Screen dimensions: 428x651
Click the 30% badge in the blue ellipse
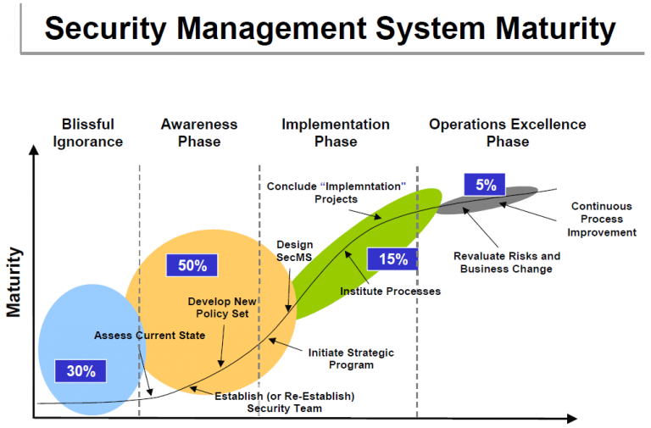tap(81, 370)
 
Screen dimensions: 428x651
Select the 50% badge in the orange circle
tap(192, 265)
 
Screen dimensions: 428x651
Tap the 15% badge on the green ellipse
tap(392, 259)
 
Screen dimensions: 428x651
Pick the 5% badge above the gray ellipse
tap(485, 185)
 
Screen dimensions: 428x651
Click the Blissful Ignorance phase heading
tap(88, 132)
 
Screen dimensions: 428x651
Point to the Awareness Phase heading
tap(199, 132)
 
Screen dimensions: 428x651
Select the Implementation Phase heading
tap(336, 132)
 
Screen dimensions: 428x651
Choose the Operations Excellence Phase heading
tap(507, 132)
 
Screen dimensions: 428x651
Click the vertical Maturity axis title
tap(14, 282)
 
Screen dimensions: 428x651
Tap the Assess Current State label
tap(149, 336)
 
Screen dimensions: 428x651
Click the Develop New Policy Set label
tap(222, 308)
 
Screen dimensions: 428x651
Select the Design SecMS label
tap(295, 251)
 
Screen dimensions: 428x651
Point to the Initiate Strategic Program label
tap(351, 359)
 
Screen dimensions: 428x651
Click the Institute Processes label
tap(391, 292)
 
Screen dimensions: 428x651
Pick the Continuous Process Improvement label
tap(601, 219)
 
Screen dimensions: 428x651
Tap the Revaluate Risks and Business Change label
tap(507, 262)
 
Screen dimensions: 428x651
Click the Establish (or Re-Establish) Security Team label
tap(284, 402)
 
